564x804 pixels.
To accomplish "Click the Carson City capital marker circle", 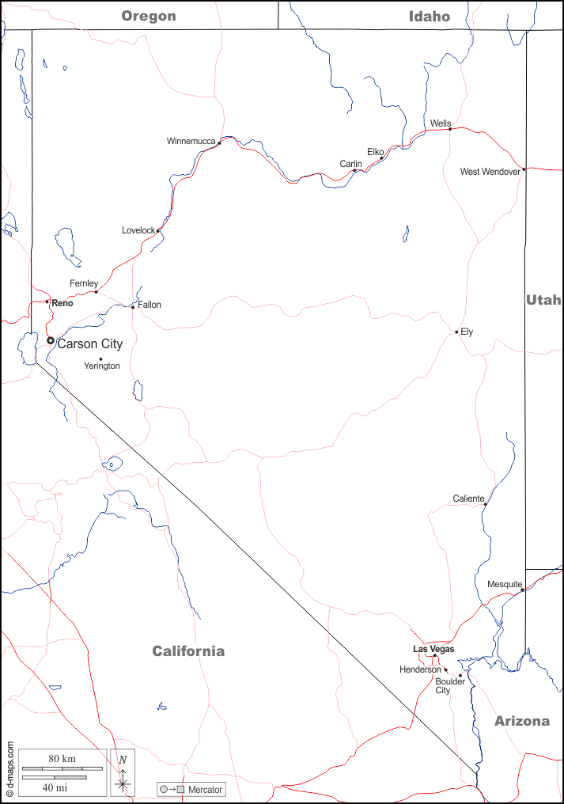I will click(x=51, y=341).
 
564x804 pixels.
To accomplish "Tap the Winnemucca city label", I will click(x=191, y=141).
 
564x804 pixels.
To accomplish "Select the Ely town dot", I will click(x=456, y=332).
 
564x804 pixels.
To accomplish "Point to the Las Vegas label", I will click(x=433, y=649).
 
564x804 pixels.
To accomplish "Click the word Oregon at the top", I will click(x=149, y=16).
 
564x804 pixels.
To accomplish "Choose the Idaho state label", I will click(x=430, y=16).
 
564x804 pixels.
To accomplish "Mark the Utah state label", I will click(x=543, y=299).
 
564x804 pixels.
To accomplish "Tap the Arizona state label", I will click(x=522, y=721).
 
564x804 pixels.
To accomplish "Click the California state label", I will click(x=188, y=651).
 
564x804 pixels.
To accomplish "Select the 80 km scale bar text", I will click(x=62, y=759).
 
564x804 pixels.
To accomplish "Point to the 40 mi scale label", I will click(x=54, y=788).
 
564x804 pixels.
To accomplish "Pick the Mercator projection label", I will click(x=205, y=790).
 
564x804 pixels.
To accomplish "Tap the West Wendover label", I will click(x=490, y=172).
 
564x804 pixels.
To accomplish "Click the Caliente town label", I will click(x=468, y=499).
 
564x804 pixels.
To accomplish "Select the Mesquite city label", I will click(x=505, y=585).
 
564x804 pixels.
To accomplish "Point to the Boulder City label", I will click(x=449, y=685).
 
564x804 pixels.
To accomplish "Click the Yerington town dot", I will click(x=100, y=359).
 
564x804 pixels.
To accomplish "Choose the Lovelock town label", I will click(x=138, y=230).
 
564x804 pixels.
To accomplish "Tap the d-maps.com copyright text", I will click(x=9, y=768).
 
